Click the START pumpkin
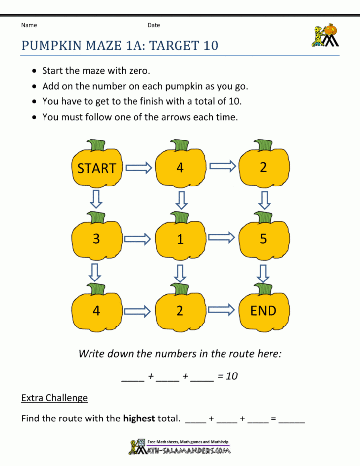(97, 168)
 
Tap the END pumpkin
(263, 311)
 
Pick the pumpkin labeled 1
(180, 240)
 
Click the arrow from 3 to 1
(138, 239)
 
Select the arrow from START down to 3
(97, 200)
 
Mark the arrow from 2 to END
(222, 310)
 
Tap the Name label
(29, 25)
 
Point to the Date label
(154, 25)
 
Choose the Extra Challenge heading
(54, 398)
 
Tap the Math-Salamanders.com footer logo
(180, 447)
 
